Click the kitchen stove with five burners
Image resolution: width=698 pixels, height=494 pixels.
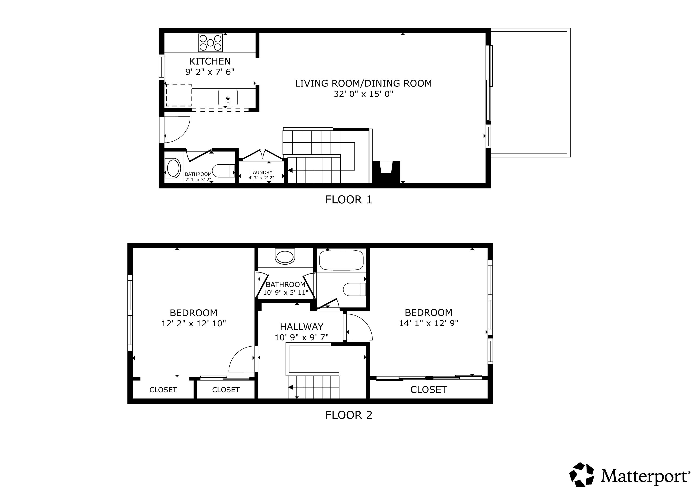coord(210,43)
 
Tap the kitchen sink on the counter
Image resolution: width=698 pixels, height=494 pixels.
coord(228,98)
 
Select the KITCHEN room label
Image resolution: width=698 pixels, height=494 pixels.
coord(210,61)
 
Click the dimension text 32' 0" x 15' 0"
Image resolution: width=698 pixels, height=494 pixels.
coord(363,94)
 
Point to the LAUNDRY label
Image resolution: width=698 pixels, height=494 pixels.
coord(261,172)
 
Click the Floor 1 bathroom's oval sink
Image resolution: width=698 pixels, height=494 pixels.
coord(173,168)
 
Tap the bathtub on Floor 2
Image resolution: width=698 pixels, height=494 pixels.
coord(341,260)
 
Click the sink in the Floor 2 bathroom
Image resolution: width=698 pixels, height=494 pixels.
coord(285,256)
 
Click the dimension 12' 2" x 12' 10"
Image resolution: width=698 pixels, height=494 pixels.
coord(193,323)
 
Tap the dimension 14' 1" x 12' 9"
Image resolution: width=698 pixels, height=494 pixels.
coord(428,323)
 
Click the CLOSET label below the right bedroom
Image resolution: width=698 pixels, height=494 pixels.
coord(428,390)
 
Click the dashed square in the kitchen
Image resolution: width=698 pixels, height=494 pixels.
coord(178,95)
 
